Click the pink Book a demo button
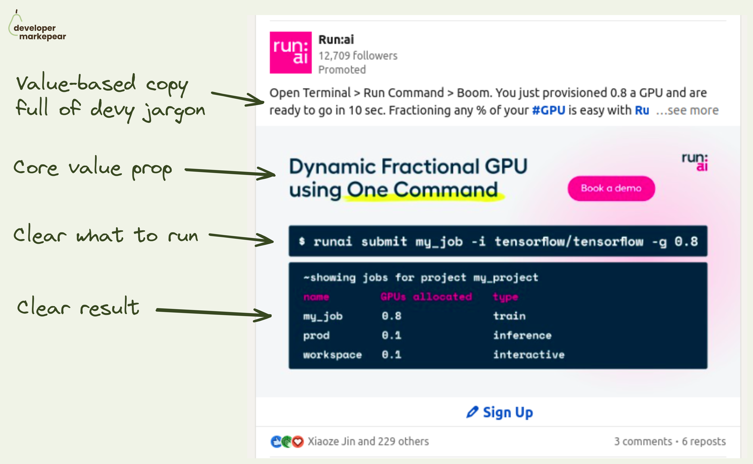point(611,188)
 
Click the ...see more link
point(687,110)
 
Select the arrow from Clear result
point(214,312)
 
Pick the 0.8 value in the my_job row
point(391,316)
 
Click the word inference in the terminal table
point(522,335)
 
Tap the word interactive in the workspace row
point(529,354)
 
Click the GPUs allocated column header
point(426,296)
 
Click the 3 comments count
point(643,441)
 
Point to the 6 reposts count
point(704,441)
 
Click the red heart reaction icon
point(297,442)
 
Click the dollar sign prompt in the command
point(302,241)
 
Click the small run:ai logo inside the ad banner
point(695,162)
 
